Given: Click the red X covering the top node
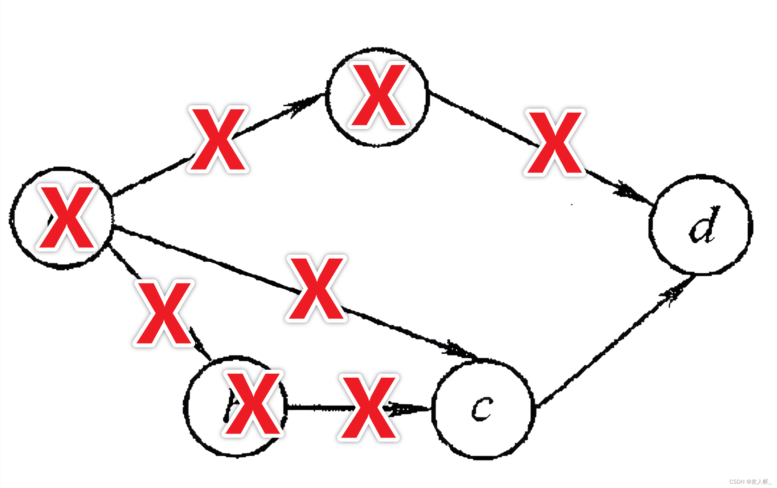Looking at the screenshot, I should click(x=379, y=95).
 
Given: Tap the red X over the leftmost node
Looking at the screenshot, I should click(x=66, y=217).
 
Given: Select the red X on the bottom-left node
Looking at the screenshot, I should click(x=253, y=403).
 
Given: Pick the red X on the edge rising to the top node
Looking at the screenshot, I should click(x=218, y=139).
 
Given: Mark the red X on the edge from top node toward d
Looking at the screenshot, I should click(x=554, y=142).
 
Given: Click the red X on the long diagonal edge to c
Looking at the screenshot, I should click(x=316, y=289).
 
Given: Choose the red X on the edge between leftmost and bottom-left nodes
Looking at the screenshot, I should click(x=164, y=313).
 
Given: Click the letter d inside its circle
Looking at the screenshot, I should click(x=703, y=225).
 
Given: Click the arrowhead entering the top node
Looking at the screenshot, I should click(x=301, y=106).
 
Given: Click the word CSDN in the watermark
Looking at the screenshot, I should click(x=737, y=482).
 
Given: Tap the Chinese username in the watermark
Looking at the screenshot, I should click(x=761, y=482).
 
